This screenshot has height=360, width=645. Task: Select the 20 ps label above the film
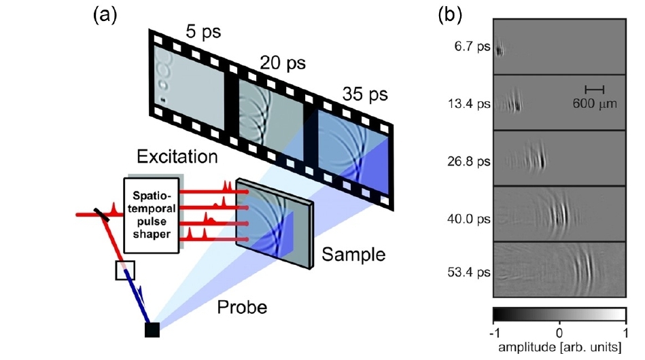pos(281,64)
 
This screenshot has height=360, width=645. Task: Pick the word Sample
pos(353,255)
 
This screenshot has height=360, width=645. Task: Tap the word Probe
pos(242,307)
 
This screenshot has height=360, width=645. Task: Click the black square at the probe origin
pos(152,329)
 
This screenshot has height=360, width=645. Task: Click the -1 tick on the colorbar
pos(495,333)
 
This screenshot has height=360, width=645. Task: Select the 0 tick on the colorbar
pos(559,333)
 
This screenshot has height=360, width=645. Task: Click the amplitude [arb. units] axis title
pos(559,348)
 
